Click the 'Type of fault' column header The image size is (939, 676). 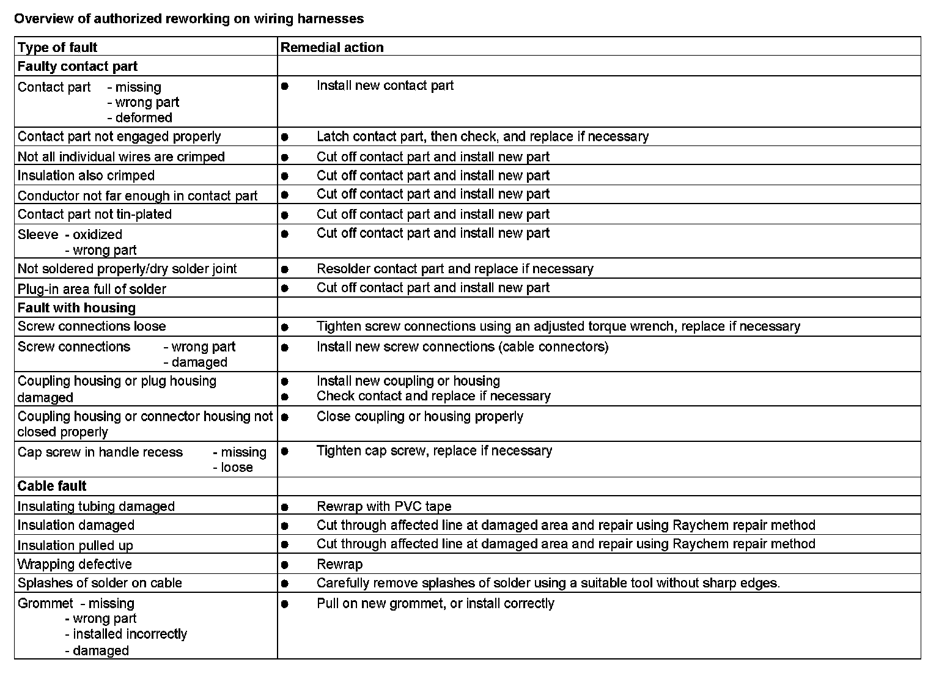[57, 48]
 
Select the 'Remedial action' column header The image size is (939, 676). [332, 48]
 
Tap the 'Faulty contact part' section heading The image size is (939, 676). [78, 67]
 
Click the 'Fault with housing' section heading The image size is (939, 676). [76, 308]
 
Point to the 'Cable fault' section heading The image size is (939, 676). [52, 487]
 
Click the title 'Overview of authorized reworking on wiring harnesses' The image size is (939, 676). [189, 19]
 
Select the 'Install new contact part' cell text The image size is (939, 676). [385, 86]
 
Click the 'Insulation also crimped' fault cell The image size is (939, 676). [86, 176]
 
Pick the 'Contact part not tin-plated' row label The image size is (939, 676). [95, 215]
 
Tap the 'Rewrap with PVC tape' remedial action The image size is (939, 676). [384, 507]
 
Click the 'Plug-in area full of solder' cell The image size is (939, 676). [92, 289]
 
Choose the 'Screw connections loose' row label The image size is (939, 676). [92, 326]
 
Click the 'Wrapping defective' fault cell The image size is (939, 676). [75, 564]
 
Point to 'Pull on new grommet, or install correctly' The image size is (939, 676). [435, 604]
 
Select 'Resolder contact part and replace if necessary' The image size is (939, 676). [455, 269]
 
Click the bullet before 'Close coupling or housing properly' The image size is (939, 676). [285, 417]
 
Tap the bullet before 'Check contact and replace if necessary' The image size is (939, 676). [285, 397]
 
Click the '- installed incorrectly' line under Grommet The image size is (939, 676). [126, 634]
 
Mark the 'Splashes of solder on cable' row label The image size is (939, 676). [100, 583]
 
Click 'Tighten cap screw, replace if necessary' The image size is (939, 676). [434, 451]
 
